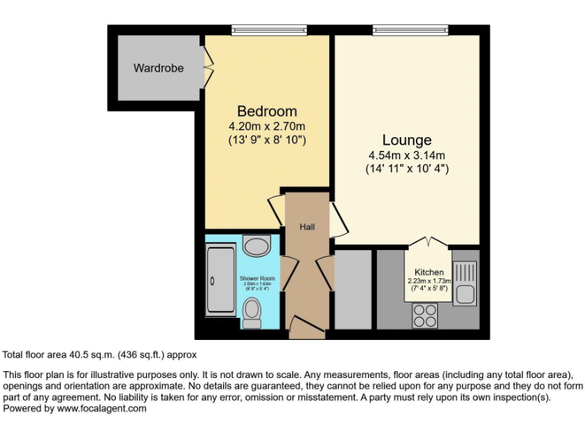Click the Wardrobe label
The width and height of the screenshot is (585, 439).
158,68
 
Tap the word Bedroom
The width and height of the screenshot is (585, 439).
267,111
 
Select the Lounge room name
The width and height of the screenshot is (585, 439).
407,140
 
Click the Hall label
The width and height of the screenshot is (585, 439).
307,226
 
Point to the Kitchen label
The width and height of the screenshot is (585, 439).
429,272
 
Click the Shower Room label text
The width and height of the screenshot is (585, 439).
257,279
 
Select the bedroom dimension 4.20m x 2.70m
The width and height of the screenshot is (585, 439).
267,126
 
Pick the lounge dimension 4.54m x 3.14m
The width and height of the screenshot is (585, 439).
407,155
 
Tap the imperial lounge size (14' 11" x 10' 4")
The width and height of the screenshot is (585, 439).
407,168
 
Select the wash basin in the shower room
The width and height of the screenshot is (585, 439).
256,246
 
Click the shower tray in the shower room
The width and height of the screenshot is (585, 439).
222,282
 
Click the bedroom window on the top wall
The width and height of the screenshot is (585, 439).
269,30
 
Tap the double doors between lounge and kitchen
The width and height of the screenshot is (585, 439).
428,242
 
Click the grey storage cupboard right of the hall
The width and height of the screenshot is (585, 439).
353,289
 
